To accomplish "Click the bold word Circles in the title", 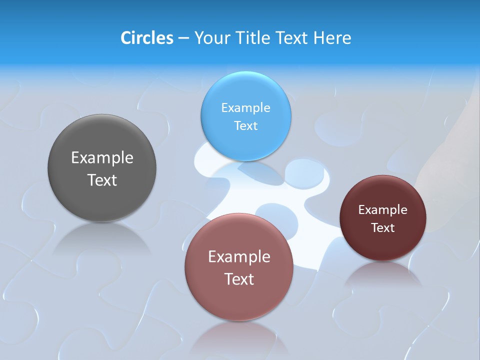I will tap(146, 38).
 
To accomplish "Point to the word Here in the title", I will tap(332, 38).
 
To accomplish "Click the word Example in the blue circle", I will tap(245, 108).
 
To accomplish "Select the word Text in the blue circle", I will tap(245, 125).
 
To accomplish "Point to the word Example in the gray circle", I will tap(102, 158).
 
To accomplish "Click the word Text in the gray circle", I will tap(102, 180).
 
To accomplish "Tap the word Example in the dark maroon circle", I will tap(383, 210).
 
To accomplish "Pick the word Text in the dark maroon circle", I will tap(383, 228).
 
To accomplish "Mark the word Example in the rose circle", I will tap(239, 257).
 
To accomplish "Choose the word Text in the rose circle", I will tap(239, 279).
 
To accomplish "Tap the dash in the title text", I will tap(183, 38).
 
